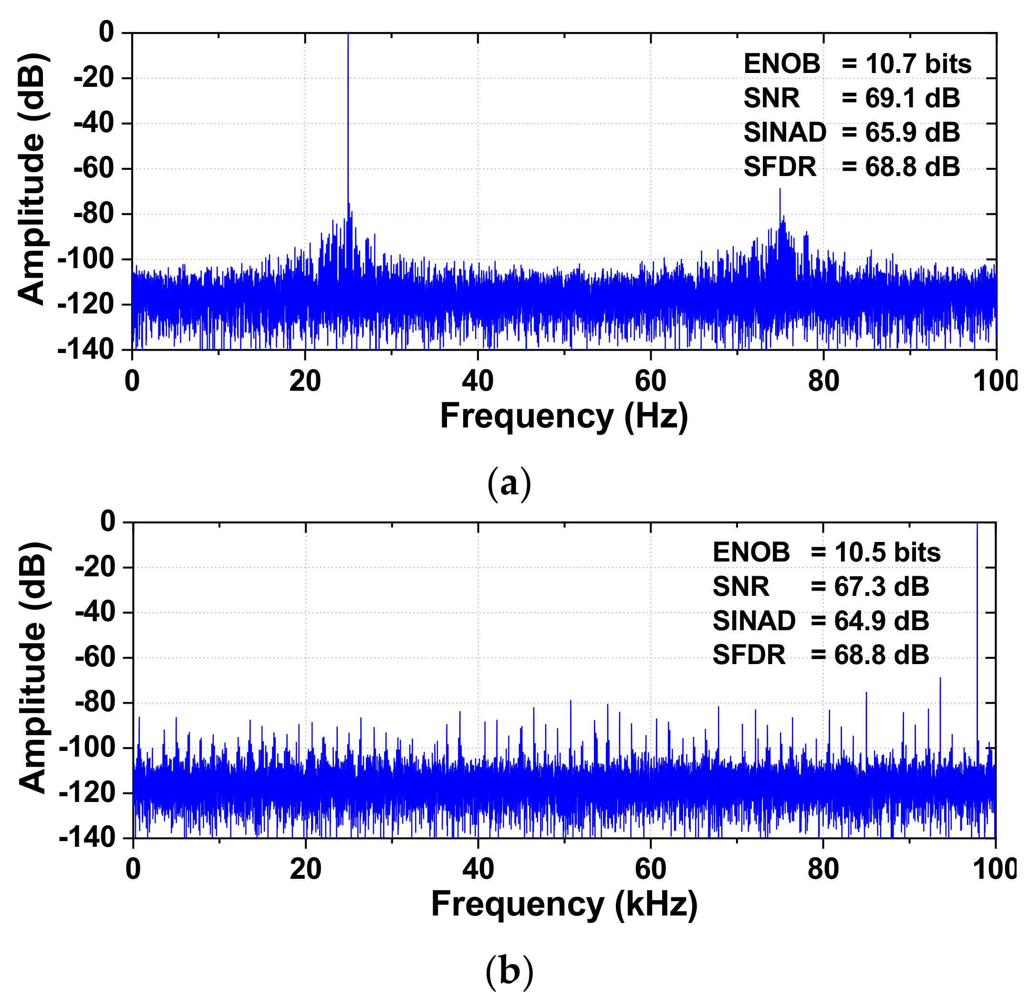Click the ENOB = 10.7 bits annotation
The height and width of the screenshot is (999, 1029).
coord(857,64)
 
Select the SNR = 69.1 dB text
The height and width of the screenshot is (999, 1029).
coord(851,98)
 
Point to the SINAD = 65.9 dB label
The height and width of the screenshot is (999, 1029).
coord(851,132)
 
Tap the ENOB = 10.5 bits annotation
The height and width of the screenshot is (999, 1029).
coord(826,552)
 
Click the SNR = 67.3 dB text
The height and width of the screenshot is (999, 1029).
coord(820,586)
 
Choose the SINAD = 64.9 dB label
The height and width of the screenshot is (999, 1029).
coord(820,621)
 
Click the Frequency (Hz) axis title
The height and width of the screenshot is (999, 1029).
coord(563,416)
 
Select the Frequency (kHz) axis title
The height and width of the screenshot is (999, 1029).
coord(564,905)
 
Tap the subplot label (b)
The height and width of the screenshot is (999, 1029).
coord(509,972)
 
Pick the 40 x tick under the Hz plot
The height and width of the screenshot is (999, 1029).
coord(477,381)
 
